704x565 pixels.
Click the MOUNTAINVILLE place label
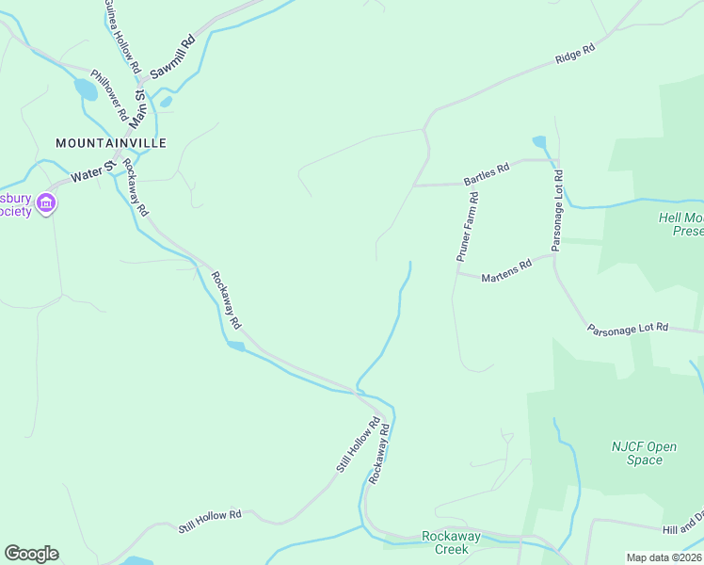pos(111,143)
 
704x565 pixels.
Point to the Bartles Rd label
pos(486,174)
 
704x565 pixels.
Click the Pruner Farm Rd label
pos(468,227)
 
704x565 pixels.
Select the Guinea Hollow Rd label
pos(123,38)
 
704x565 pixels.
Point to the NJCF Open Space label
pos(644,453)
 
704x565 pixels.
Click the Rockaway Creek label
pos(452,542)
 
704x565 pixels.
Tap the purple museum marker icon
pos(45,203)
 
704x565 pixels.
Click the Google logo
pos(31,554)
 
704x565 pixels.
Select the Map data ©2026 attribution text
pos(664,557)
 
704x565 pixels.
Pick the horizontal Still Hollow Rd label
pos(210,522)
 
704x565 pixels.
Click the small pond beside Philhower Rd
pos(85,89)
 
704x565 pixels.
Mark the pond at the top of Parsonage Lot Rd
pos(539,142)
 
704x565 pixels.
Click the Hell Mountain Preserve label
pos(680,223)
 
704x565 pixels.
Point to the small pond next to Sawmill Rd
pos(166,101)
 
